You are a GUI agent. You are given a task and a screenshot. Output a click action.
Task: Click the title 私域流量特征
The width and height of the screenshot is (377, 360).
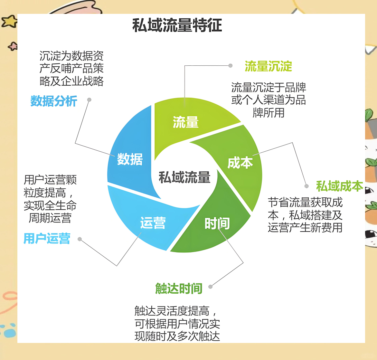click(x=177, y=25)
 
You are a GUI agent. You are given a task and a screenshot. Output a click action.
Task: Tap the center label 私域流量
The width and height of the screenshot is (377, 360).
click(x=184, y=177)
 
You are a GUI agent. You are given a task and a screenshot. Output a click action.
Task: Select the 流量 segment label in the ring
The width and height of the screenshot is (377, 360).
click(x=186, y=123)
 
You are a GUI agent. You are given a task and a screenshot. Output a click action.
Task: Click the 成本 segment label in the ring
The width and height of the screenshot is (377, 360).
click(x=240, y=163)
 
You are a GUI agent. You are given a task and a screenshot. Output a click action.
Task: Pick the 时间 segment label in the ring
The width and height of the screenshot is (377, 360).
click(x=217, y=223)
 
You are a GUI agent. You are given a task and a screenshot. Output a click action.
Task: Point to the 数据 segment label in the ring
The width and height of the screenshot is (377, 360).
click(x=130, y=159)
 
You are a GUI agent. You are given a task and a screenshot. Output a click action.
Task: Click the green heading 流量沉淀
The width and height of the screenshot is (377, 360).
click(x=268, y=66)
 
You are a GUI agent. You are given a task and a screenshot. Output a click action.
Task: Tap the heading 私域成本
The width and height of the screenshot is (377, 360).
click(x=339, y=186)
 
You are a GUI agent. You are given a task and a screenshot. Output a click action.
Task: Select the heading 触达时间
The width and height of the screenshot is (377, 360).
click(x=179, y=289)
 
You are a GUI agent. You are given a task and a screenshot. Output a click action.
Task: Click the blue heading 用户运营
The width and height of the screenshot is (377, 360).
click(x=47, y=239)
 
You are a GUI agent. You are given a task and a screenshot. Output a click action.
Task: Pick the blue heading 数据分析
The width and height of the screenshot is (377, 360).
click(x=54, y=101)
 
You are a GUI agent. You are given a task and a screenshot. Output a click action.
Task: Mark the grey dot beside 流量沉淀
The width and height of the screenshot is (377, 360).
click(x=231, y=66)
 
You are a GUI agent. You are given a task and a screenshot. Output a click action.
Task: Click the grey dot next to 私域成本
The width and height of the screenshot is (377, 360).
click(x=306, y=186)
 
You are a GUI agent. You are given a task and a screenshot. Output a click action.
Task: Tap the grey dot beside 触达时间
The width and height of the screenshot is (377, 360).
click(x=210, y=287)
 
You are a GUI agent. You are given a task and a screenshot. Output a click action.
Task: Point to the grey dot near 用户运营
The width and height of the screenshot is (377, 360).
click(x=80, y=239)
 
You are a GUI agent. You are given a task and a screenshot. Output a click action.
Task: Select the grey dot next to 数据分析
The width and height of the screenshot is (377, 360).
click(x=89, y=100)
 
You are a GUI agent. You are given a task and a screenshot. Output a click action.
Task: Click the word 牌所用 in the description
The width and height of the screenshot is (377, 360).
click(x=269, y=113)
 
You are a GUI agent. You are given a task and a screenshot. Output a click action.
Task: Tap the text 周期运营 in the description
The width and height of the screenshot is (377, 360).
click(x=50, y=218)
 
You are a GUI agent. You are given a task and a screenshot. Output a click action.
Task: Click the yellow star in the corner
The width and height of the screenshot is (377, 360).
click(x=10, y=21)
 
